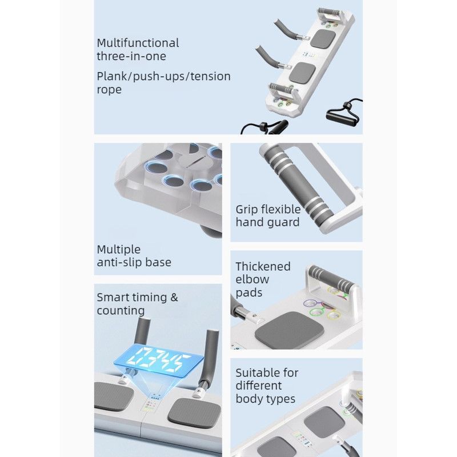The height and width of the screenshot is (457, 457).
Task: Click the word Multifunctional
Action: click(138, 43)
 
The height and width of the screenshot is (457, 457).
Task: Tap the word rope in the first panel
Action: click(109, 90)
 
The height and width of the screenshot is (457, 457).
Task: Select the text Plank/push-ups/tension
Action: click(163, 77)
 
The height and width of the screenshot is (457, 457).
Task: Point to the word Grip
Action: click(247, 210)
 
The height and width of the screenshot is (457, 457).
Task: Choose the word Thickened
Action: click(263, 266)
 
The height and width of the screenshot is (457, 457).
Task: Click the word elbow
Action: click(252, 279)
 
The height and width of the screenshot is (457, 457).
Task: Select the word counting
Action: click(121, 311)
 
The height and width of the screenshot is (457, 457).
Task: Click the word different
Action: click(259, 386)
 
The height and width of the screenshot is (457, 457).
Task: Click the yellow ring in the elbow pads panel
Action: click(334, 315)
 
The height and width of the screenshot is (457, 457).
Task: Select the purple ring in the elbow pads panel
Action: click(310, 303)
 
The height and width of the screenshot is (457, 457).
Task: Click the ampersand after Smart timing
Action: click(174, 297)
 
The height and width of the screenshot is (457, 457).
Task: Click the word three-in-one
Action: click(131, 56)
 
